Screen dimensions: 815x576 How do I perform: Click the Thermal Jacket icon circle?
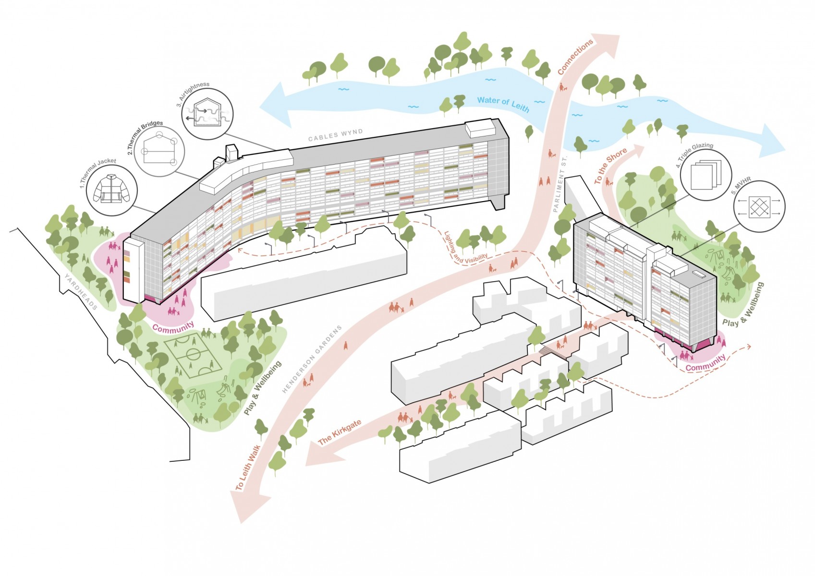click(x=112, y=191)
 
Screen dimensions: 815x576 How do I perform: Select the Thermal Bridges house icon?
click(x=160, y=151)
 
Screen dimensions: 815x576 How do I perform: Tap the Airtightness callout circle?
click(x=207, y=113)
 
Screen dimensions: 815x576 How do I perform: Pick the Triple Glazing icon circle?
click(x=706, y=175)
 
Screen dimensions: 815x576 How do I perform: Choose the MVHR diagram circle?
click(x=759, y=206)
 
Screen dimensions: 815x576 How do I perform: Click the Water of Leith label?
click(x=503, y=105)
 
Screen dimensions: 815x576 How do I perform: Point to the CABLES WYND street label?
click(x=335, y=135)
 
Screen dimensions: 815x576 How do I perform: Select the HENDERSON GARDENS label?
click(x=312, y=359)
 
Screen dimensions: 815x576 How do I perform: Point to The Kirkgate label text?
click(x=340, y=432)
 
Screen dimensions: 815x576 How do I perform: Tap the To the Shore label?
click(x=610, y=166)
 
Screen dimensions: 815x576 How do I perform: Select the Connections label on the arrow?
click(x=575, y=57)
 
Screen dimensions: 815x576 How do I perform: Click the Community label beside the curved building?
click(x=173, y=327)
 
